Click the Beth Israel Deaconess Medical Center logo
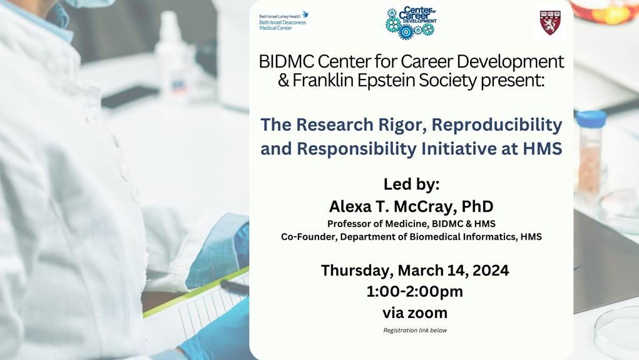[x=284, y=21]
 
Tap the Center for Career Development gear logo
[x=411, y=23]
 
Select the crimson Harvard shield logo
[x=550, y=23]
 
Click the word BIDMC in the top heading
[x=287, y=61]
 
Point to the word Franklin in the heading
[x=323, y=80]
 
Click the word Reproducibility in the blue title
[x=497, y=125]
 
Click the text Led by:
[x=411, y=184]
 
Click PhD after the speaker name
[x=477, y=207]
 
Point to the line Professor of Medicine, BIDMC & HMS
[x=411, y=224]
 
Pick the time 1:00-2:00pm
[x=415, y=292]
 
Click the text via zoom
[x=415, y=312]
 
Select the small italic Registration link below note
[x=415, y=330]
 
